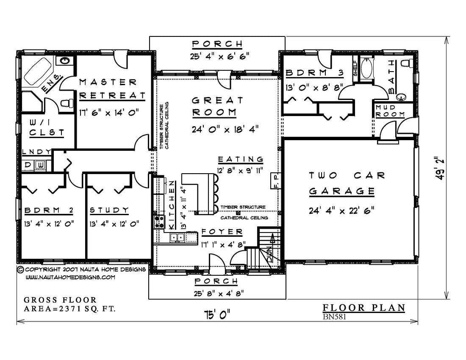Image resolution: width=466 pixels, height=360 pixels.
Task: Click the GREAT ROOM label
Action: point(218,106)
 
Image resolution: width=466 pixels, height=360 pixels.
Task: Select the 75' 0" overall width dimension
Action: point(217,314)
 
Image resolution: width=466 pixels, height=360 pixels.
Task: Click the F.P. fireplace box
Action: point(275,180)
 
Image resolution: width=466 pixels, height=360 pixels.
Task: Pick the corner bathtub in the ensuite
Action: point(37,71)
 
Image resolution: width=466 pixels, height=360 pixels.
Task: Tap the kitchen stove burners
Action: point(159,222)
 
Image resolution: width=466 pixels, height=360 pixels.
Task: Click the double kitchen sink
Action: point(177,237)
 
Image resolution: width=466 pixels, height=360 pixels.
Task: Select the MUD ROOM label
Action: point(390,111)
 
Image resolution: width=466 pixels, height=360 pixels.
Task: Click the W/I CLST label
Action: point(47,127)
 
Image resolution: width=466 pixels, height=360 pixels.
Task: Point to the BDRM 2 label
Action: point(49,210)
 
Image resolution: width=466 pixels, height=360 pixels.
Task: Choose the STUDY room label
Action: point(109,210)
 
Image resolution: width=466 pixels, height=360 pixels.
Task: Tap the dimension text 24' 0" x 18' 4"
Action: point(225,129)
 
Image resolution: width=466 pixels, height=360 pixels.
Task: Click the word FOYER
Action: point(222,232)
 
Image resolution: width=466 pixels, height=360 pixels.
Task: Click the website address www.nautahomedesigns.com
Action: point(70,277)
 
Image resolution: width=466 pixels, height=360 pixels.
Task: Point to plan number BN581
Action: point(334,317)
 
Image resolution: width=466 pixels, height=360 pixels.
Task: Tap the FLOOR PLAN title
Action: point(364,308)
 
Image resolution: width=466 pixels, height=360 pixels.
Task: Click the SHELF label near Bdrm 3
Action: point(355,68)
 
